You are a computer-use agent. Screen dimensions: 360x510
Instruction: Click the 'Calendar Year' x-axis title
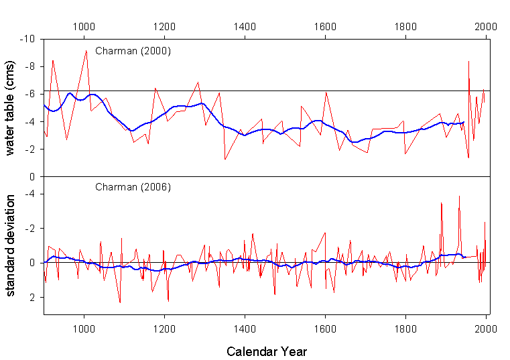[x=267, y=351]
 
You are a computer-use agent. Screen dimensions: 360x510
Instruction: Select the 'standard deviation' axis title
[x=10, y=247]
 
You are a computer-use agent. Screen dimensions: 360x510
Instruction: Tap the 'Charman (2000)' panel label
[x=133, y=50]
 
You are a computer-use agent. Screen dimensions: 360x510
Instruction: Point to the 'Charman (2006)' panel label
[x=133, y=186]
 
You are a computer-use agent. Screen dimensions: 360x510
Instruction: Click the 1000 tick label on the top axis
[x=84, y=27]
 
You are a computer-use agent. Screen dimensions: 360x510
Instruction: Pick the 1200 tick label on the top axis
[x=164, y=27]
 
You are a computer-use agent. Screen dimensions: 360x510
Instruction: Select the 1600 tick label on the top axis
[x=325, y=27]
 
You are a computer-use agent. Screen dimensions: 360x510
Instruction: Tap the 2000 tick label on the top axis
[x=485, y=27]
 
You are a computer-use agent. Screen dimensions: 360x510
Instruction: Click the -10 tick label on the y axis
[x=28, y=40]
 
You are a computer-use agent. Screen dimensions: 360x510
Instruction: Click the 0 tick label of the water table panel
[x=33, y=177]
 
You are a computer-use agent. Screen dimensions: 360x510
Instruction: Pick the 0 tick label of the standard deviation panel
[x=33, y=263]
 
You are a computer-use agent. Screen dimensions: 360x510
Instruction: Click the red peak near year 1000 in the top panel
[x=86, y=51]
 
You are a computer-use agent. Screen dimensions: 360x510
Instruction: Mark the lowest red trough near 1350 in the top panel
[x=225, y=159]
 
